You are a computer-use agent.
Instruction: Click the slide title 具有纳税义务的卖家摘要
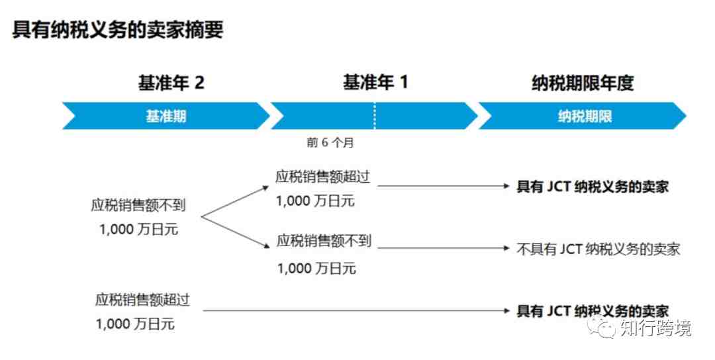118,29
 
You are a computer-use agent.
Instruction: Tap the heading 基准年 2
171,83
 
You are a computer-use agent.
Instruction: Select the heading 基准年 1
375,83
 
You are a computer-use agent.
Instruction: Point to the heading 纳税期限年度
583,83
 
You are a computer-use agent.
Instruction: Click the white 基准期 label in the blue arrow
166,116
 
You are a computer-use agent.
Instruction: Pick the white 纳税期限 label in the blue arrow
585,116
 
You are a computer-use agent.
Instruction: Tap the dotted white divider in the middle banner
374,116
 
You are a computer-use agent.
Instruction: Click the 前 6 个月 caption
330,143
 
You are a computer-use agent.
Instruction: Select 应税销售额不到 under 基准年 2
138,205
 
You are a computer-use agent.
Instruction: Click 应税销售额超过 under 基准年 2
142,299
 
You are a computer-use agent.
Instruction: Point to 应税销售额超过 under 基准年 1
322,176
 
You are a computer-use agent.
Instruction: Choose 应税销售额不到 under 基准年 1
324,240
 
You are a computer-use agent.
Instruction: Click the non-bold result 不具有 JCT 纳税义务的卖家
598,249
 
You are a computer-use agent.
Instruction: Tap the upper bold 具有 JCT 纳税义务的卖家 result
593,187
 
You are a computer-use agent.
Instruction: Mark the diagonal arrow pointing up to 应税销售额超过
235,201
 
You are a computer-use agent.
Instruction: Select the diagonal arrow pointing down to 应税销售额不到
235,232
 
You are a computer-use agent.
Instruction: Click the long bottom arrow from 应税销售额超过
356,311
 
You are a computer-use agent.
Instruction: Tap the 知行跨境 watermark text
655,328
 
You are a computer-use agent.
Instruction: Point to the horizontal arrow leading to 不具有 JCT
443,248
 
